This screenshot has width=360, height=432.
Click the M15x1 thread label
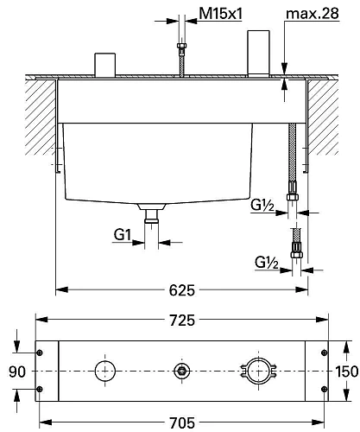tap(221, 13)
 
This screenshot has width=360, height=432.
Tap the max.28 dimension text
tap(313, 13)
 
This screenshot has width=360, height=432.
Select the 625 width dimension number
tap(182, 290)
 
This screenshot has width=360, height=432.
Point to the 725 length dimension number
tap(182, 321)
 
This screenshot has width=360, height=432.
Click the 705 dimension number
tap(182, 422)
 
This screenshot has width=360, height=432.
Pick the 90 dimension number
tap(17, 372)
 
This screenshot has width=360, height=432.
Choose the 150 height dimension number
tap(347, 372)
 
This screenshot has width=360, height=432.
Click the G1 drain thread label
tap(123, 235)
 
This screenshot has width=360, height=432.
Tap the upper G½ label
tap(262, 206)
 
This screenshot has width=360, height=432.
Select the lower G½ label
tap(267, 263)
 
